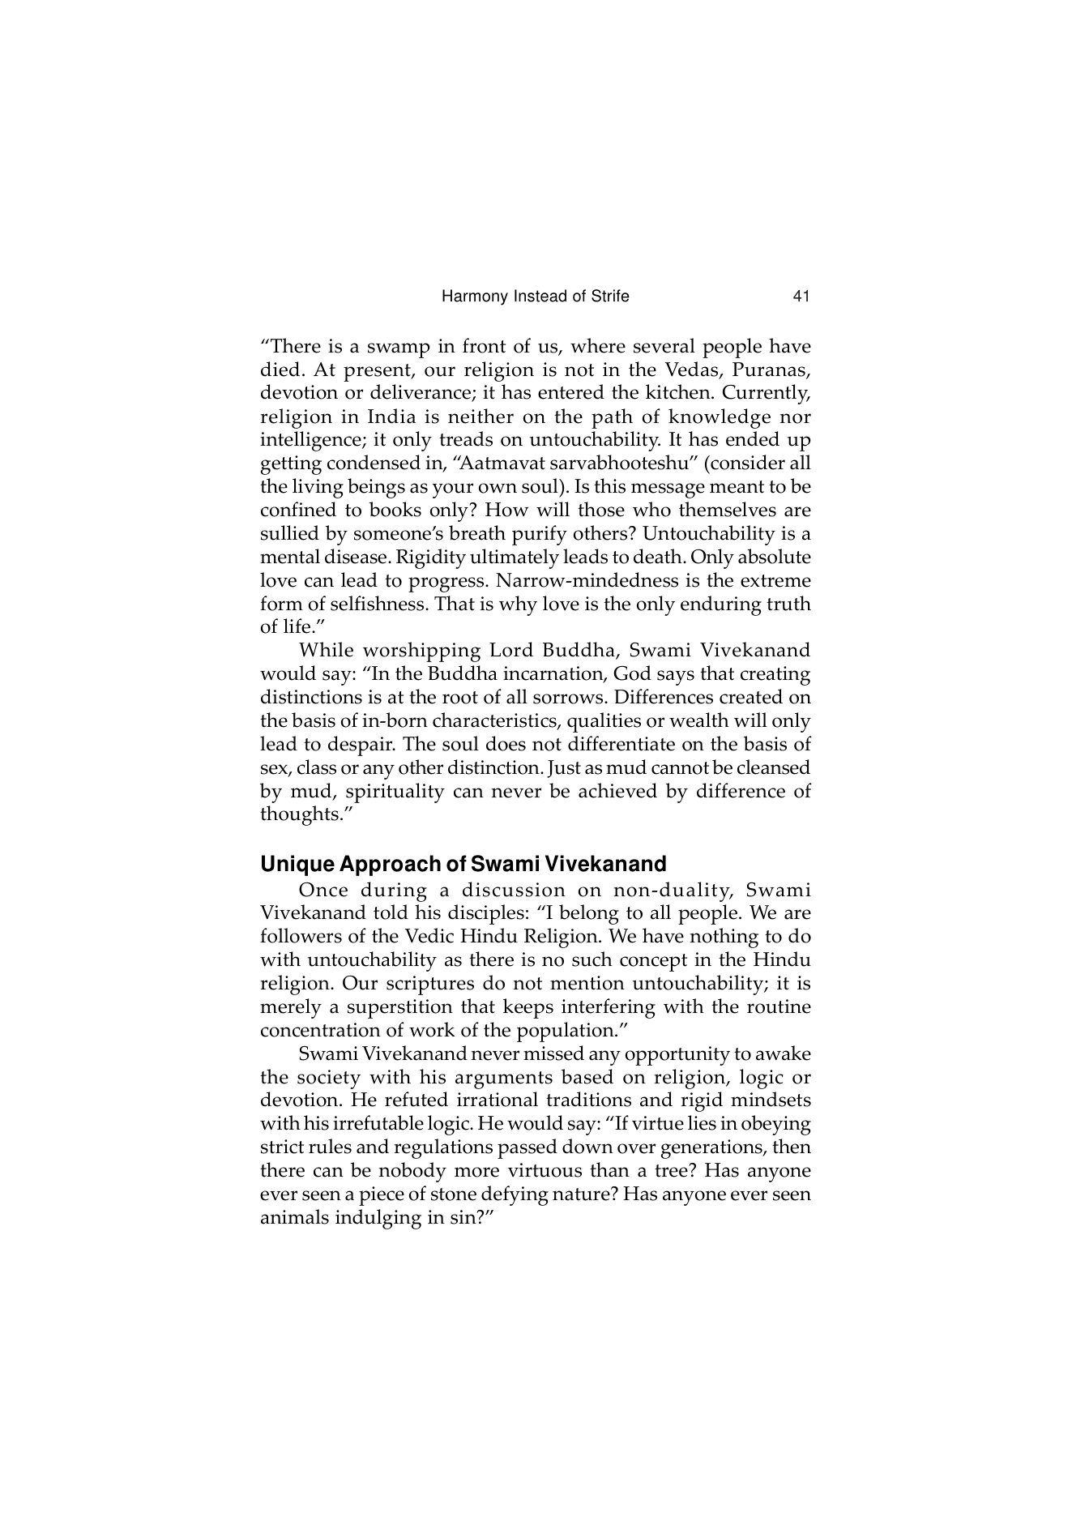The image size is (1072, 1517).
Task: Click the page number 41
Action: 801,297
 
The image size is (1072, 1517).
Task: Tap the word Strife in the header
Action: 609,297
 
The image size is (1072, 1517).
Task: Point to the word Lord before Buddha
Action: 507,651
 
